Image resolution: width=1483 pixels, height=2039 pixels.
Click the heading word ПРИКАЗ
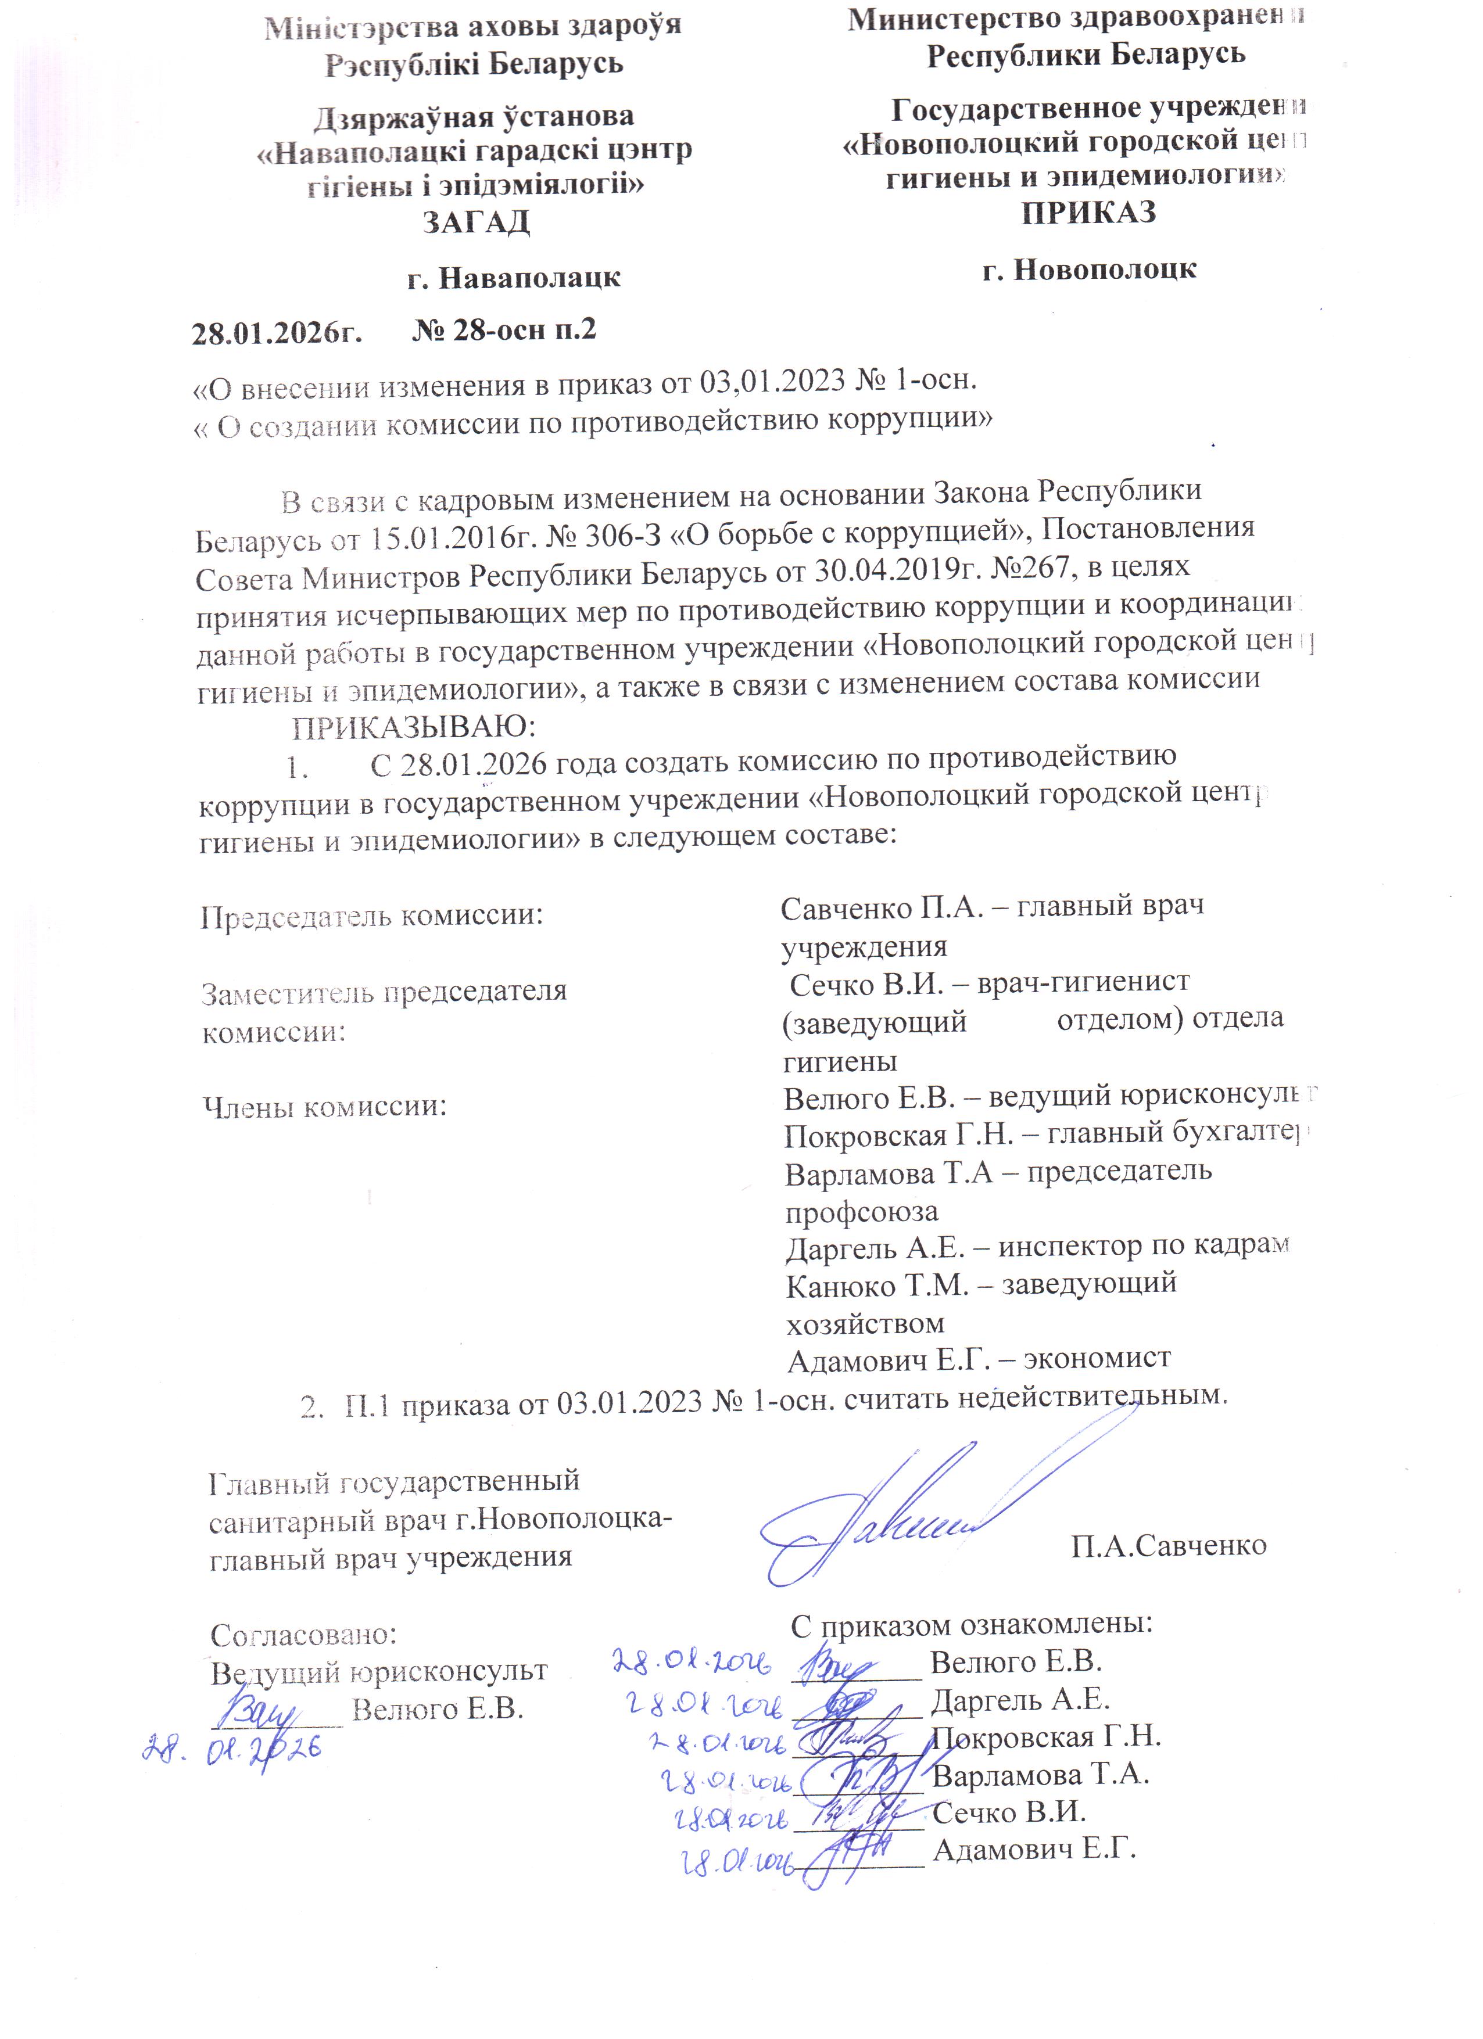(x=1088, y=213)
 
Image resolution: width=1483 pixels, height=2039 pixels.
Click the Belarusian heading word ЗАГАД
(x=476, y=221)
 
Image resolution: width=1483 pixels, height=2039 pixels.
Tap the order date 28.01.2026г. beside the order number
(x=277, y=333)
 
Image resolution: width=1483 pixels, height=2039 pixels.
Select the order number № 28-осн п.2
(x=504, y=330)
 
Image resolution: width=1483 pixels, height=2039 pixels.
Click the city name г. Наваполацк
(x=514, y=277)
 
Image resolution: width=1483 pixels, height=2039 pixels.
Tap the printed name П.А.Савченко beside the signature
(x=1168, y=1545)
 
